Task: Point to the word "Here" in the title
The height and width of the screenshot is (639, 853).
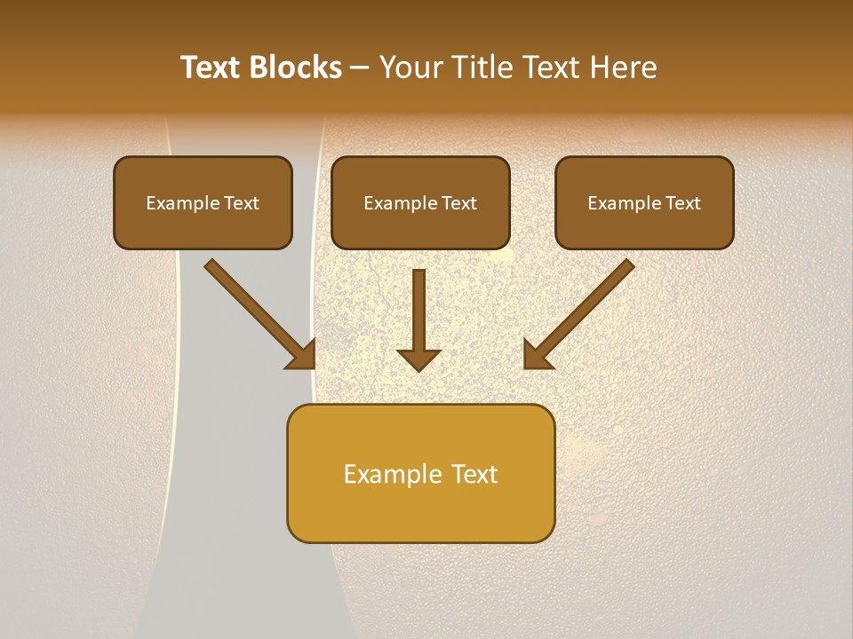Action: click(x=625, y=67)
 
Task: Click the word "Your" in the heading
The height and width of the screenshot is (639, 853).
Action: click(x=411, y=67)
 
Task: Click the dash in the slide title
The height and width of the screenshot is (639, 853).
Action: click(x=360, y=68)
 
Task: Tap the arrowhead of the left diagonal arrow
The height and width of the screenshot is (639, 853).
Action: click(x=302, y=355)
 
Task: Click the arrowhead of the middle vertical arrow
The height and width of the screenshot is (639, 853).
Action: click(x=419, y=359)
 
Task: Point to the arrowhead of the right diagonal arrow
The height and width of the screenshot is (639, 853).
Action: click(x=537, y=355)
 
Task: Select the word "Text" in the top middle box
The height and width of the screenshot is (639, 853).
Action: click(x=458, y=203)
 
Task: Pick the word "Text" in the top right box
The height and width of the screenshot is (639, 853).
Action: click(x=682, y=203)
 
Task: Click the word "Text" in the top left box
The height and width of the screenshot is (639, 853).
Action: click(x=240, y=203)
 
